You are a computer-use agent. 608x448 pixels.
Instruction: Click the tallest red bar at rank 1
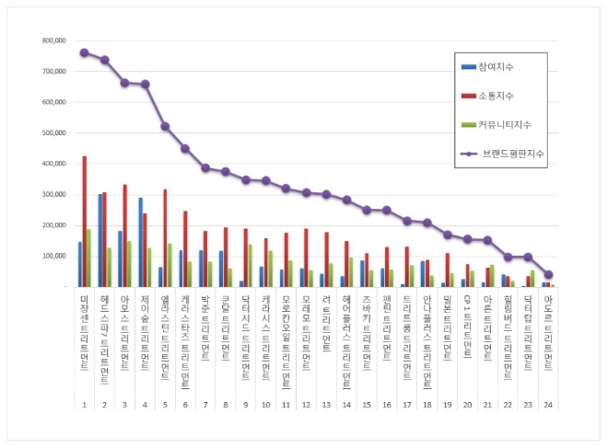pos(85,221)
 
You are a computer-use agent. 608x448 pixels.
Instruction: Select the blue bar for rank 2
pos(99,240)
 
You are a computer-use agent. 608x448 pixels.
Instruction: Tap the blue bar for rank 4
pos(140,242)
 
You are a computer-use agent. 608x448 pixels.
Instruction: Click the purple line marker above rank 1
pos(84,52)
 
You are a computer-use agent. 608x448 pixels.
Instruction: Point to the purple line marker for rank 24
pos(548,274)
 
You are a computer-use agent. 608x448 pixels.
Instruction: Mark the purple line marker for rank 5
pos(165,126)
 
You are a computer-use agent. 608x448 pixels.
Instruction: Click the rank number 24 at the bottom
pos(548,404)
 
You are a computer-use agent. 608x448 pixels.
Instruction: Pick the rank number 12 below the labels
pos(305,404)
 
